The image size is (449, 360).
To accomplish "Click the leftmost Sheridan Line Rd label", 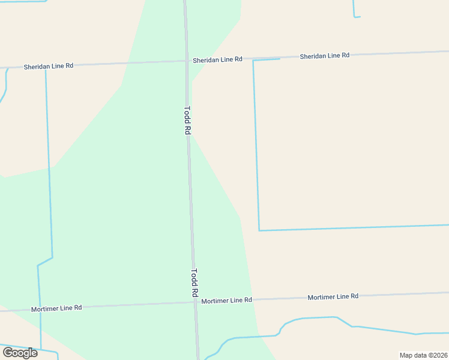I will point(49,66).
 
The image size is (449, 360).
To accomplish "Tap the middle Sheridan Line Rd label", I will point(217,59).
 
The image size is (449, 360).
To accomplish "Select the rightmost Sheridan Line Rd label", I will point(325,56).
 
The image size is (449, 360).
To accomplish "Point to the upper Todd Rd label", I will point(187,120).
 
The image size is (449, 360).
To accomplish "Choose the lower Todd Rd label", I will point(194,283).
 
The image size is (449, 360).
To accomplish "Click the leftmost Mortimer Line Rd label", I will point(56,308).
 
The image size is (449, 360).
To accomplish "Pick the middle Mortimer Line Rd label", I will point(227,300).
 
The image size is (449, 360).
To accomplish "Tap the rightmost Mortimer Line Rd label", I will point(333,296).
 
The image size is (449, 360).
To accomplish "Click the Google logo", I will point(20,352).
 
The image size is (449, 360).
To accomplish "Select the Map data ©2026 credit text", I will point(423,355).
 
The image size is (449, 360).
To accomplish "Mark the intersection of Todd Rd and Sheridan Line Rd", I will point(186,61).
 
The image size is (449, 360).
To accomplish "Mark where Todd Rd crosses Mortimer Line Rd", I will point(196,302).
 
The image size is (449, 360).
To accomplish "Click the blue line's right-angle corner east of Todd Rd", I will point(259,230).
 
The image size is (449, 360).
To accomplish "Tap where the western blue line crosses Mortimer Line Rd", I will point(40,309).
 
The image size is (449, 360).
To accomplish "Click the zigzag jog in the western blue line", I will point(45,262).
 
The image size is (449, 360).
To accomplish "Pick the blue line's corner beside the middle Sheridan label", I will point(253,61).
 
